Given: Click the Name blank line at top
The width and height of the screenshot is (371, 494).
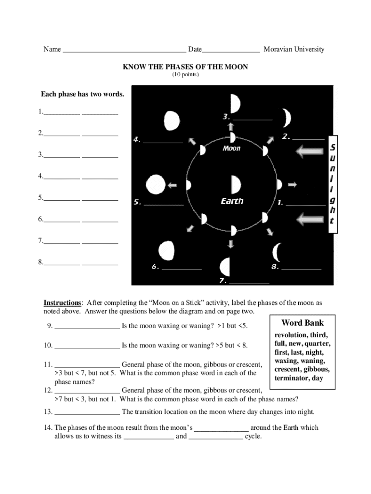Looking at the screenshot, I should (124, 50).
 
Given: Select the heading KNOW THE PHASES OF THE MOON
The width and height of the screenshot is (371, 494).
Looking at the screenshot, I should (185, 67).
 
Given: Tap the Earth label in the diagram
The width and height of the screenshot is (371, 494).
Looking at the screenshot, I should (232, 201).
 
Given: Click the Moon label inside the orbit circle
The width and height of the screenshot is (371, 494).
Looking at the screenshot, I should (231, 149).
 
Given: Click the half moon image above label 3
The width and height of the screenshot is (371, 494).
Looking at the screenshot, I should (234, 103).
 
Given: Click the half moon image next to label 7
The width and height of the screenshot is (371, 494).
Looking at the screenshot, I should (225, 266).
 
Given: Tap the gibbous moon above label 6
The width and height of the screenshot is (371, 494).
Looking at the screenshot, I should (166, 250).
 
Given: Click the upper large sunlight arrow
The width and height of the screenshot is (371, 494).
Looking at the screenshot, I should (311, 152).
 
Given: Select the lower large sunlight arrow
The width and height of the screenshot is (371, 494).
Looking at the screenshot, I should (311, 220).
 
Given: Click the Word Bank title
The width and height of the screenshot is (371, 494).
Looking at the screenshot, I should (303, 323).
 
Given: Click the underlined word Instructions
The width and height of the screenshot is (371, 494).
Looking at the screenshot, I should (62, 303).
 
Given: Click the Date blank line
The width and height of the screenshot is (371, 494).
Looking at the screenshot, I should (231, 50).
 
